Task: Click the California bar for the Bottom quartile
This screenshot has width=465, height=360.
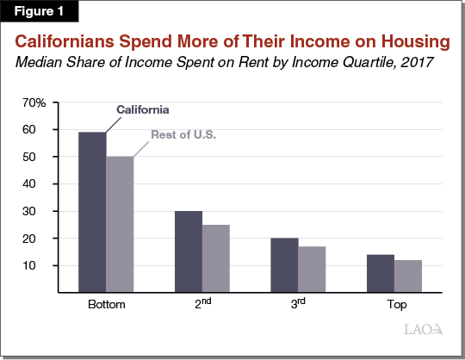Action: tap(92, 212)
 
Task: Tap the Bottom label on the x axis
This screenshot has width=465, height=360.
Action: tap(105, 306)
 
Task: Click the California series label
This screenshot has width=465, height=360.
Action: tap(143, 110)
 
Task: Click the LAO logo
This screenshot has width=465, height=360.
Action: tap(422, 328)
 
